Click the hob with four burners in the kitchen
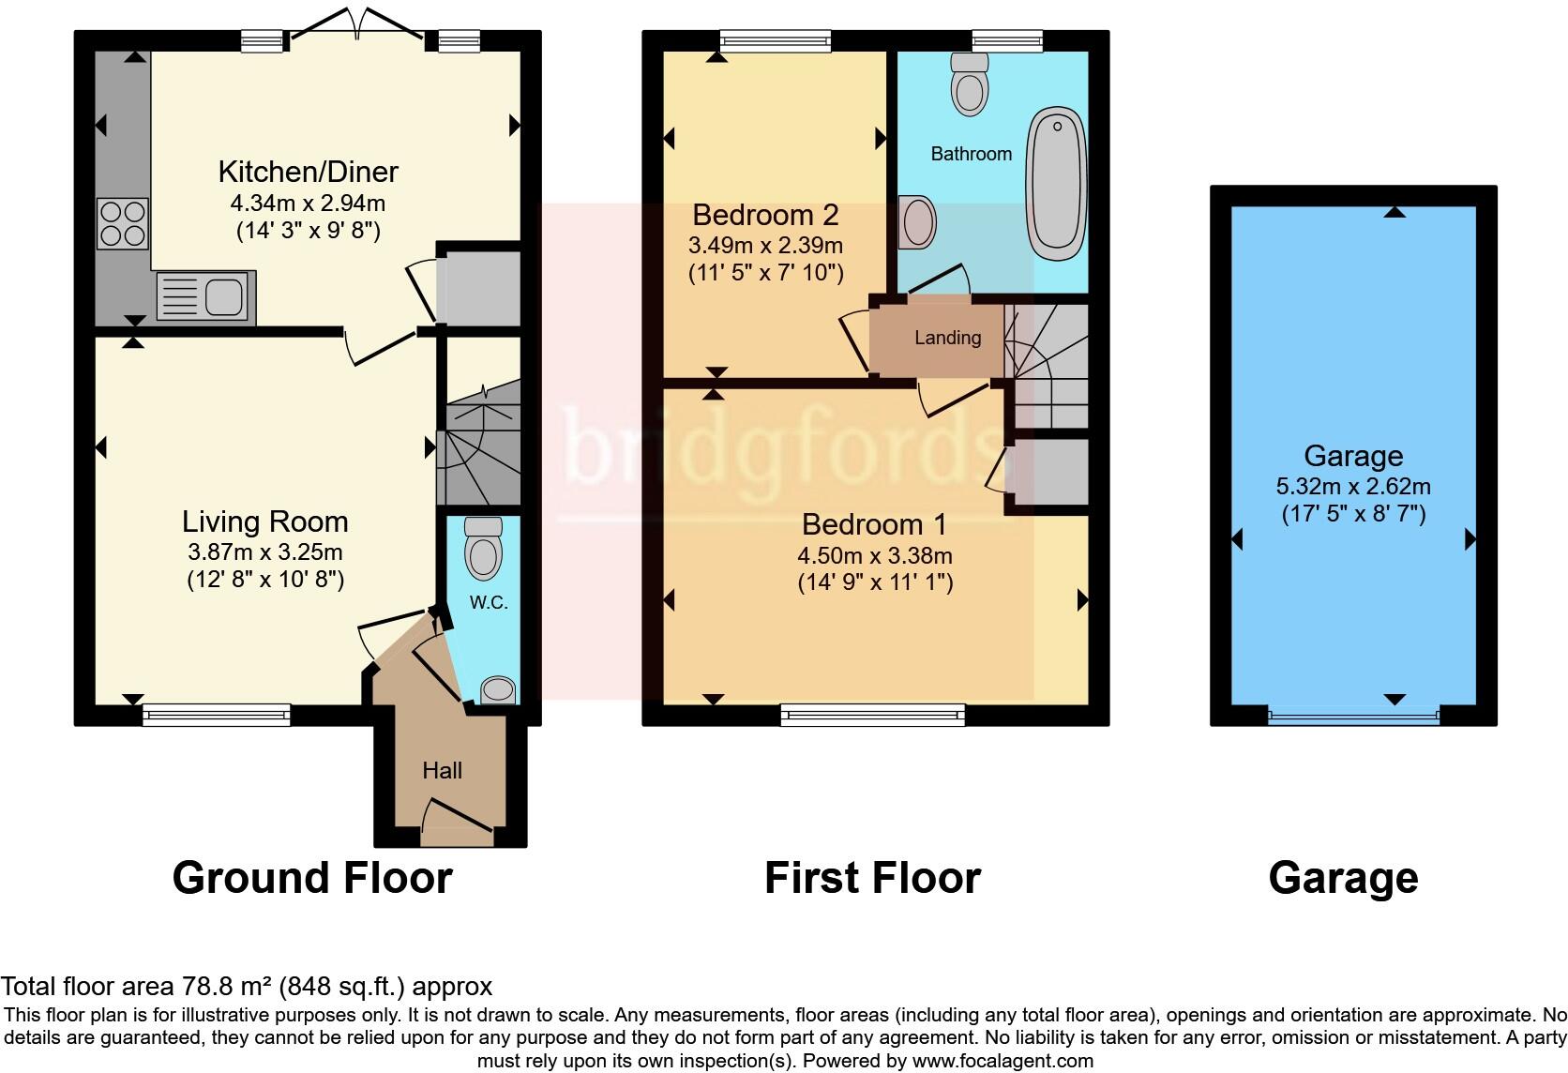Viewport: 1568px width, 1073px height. point(123,223)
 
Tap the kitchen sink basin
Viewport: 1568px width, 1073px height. point(224,296)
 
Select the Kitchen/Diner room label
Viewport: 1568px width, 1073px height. point(308,172)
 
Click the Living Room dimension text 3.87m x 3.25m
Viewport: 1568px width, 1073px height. point(265,552)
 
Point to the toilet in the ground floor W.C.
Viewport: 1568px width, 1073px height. point(484,550)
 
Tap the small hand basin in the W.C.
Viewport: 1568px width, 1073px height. point(498,691)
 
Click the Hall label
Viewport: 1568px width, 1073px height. point(442,771)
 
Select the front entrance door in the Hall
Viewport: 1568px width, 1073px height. point(458,818)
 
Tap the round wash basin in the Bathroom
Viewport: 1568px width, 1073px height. point(918,223)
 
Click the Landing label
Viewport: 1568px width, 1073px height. point(947,338)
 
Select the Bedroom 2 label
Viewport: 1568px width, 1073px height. point(765,216)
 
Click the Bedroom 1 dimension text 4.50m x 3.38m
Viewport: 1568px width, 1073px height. point(875,555)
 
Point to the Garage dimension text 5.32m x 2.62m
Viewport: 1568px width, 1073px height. point(1353,487)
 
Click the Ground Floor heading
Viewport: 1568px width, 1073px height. point(312,879)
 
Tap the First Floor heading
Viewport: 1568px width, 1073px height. point(872,879)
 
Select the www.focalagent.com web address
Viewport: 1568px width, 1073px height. point(1003,1062)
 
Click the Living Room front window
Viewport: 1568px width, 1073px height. point(217,716)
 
